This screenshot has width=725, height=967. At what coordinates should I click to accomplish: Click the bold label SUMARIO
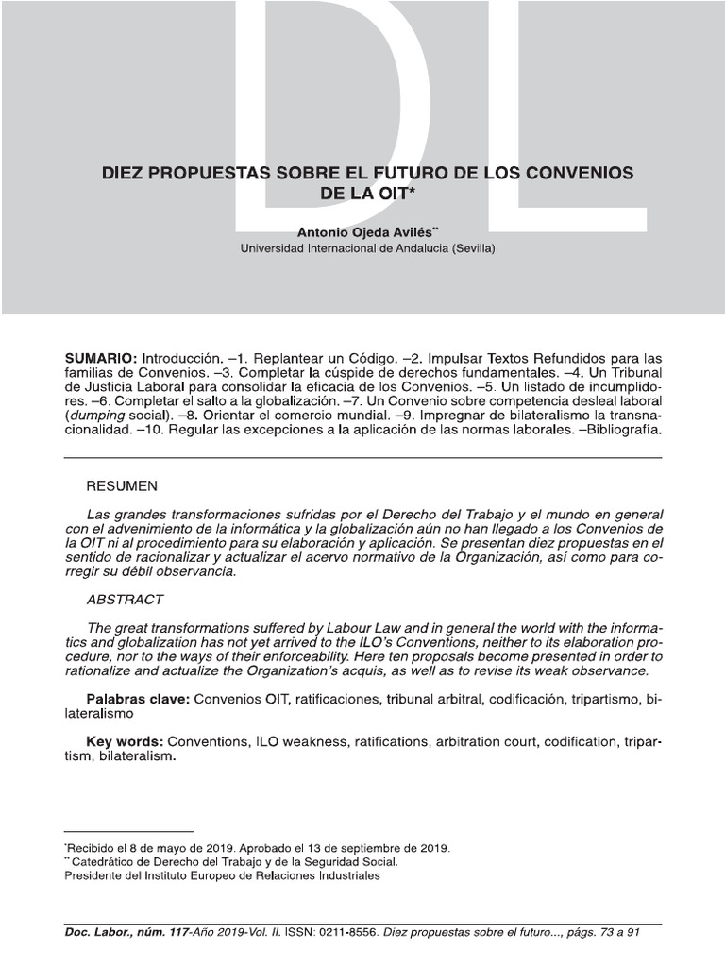pos(100,360)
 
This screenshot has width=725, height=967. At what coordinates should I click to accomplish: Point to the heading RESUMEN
pos(122,486)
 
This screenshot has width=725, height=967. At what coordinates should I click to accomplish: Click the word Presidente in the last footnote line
pos(96,875)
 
